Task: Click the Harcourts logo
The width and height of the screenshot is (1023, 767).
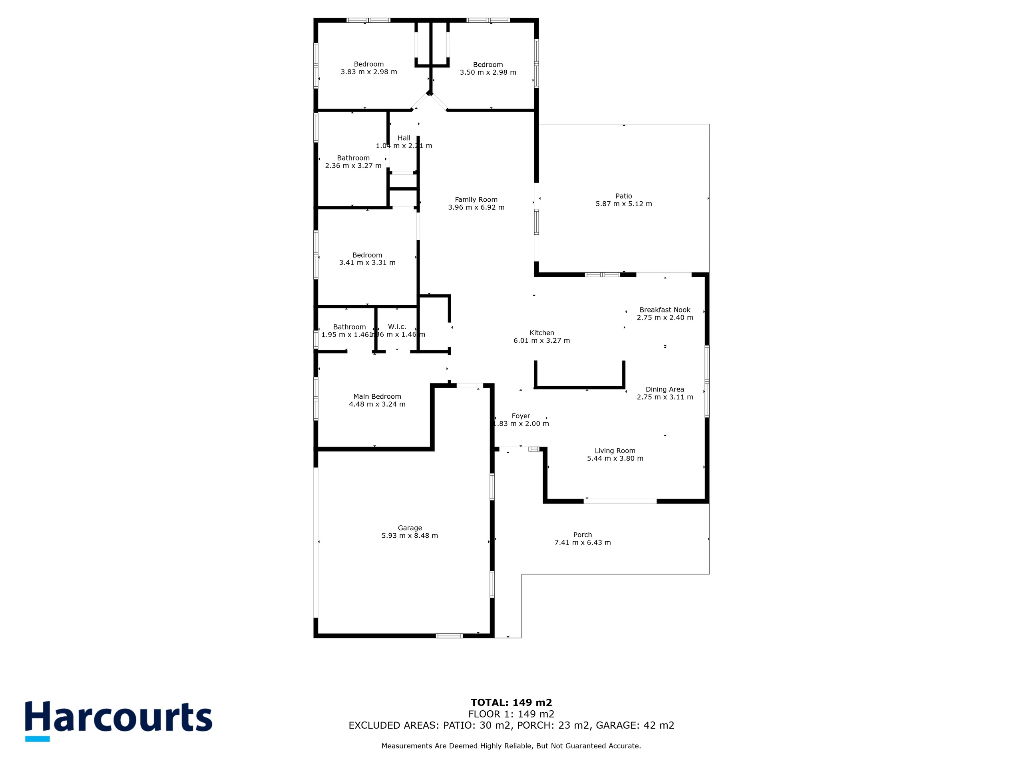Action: point(118,720)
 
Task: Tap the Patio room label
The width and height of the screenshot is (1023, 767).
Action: point(623,196)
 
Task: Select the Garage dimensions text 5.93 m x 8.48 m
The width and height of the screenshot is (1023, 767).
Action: point(409,535)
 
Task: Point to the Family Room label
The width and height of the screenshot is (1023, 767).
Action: point(476,200)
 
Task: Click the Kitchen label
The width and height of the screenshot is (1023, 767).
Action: point(541,333)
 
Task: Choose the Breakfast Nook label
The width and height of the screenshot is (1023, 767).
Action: point(665,310)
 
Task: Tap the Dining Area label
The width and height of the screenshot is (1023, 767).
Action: point(665,389)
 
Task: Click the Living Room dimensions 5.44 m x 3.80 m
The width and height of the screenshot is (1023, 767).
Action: point(615,458)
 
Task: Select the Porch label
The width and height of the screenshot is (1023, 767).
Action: point(582,535)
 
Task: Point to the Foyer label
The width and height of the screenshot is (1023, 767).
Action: point(521,416)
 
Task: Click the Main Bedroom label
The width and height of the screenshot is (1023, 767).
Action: point(377,396)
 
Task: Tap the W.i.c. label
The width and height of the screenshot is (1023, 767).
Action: point(397,327)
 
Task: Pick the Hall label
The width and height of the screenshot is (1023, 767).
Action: point(404,138)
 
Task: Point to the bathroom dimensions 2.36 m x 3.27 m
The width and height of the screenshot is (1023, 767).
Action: point(353,165)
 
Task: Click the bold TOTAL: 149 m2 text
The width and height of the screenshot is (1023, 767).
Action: point(511,703)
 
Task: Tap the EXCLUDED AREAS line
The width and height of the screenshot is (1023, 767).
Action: point(511,725)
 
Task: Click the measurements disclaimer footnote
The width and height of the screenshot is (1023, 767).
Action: point(511,746)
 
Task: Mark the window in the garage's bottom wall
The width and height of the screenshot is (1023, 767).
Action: point(450,636)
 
